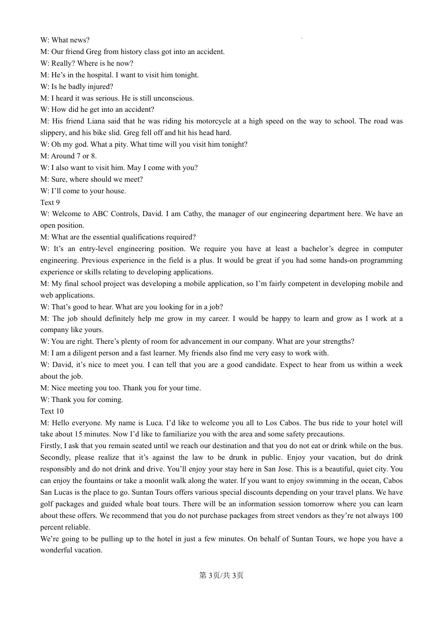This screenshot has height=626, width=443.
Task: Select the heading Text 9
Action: pos(50,203)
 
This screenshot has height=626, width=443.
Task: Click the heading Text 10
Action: pos(52,411)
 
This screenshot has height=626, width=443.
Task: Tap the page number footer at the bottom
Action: pos(221,576)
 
